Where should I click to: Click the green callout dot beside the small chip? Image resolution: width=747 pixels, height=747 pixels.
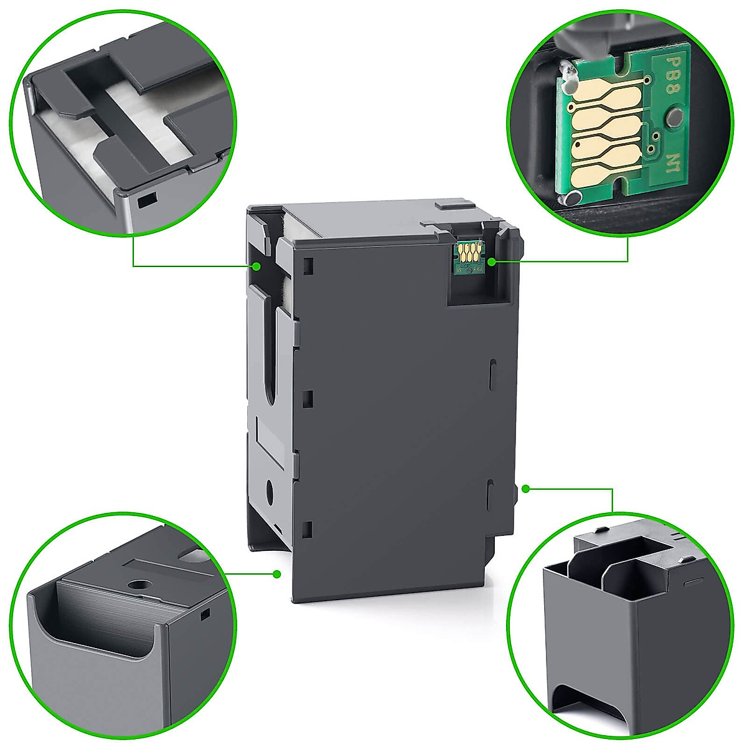pyautogui.click(x=491, y=262)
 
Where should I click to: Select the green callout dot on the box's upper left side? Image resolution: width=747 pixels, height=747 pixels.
pyautogui.click(x=256, y=266)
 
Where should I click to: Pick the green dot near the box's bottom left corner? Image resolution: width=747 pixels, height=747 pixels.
pyautogui.click(x=277, y=573)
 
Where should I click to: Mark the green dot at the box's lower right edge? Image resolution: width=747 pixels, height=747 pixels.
pyautogui.click(x=526, y=489)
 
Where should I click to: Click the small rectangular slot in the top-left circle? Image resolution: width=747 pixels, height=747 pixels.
pyautogui.click(x=147, y=201)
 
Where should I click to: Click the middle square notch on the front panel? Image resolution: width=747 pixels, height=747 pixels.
pyautogui.click(x=308, y=398)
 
